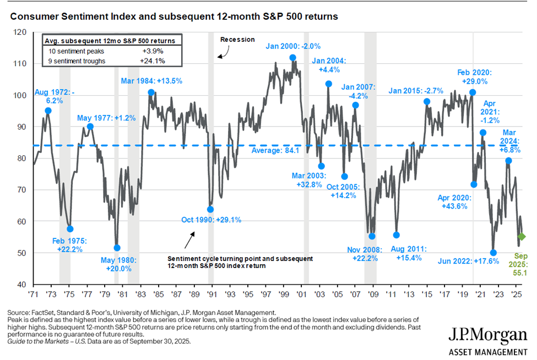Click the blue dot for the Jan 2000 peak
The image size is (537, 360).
click(x=292, y=58)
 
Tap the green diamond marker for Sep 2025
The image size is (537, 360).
click(x=520, y=237)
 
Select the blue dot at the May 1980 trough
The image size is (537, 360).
click(x=117, y=248)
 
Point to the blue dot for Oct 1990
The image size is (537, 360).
click(x=210, y=209)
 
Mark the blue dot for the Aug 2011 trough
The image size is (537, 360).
click(x=396, y=235)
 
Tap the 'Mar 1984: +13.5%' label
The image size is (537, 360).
click(x=151, y=81)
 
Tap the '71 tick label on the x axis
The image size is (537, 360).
click(x=34, y=294)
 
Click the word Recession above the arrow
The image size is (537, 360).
click(x=237, y=40)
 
